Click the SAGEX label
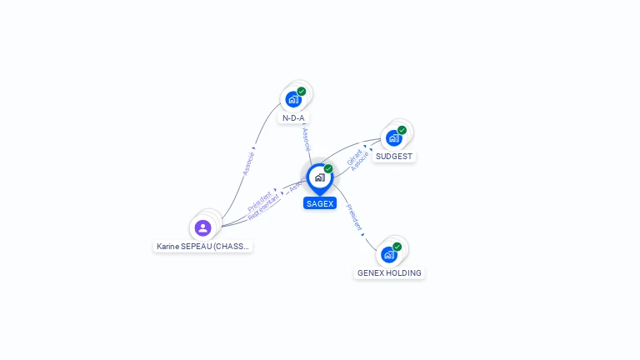pyautogui.click(x=320, y=203)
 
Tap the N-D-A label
pyautogui.click(x=293, y=118)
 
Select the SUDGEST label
pyautogui.click(x=394, y=157)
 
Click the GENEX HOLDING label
pyautogui.click(x=389, y=272)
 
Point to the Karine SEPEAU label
pyautogui.click(x=202, y=247)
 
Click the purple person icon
pyautogui.click(x=202, y=227)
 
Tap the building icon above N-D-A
pyautogui.click(x=293, y=99)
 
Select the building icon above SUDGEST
pyautogui.click(x=393, y=138)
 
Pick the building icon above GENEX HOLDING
pyautogui.click(x=388, y=254)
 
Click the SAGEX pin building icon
pyautogui.click(x=319, y=177)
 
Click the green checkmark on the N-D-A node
pyautogui.click(x=302, y=91)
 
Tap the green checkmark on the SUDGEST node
pyautogui.click(x=402, y=130)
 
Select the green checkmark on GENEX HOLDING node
pyautogui.click(x=397, y=247)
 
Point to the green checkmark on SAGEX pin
pyautogui.click(x=328, y=169)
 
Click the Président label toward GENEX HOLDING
pyautogui.click(x=354, y=217)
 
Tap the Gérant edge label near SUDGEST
pyautogui.click(x=354, y=156)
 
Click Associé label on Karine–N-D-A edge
pyautogui.click(x=248, y=161)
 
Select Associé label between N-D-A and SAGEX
pyautogui.click(x=306, y=138)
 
